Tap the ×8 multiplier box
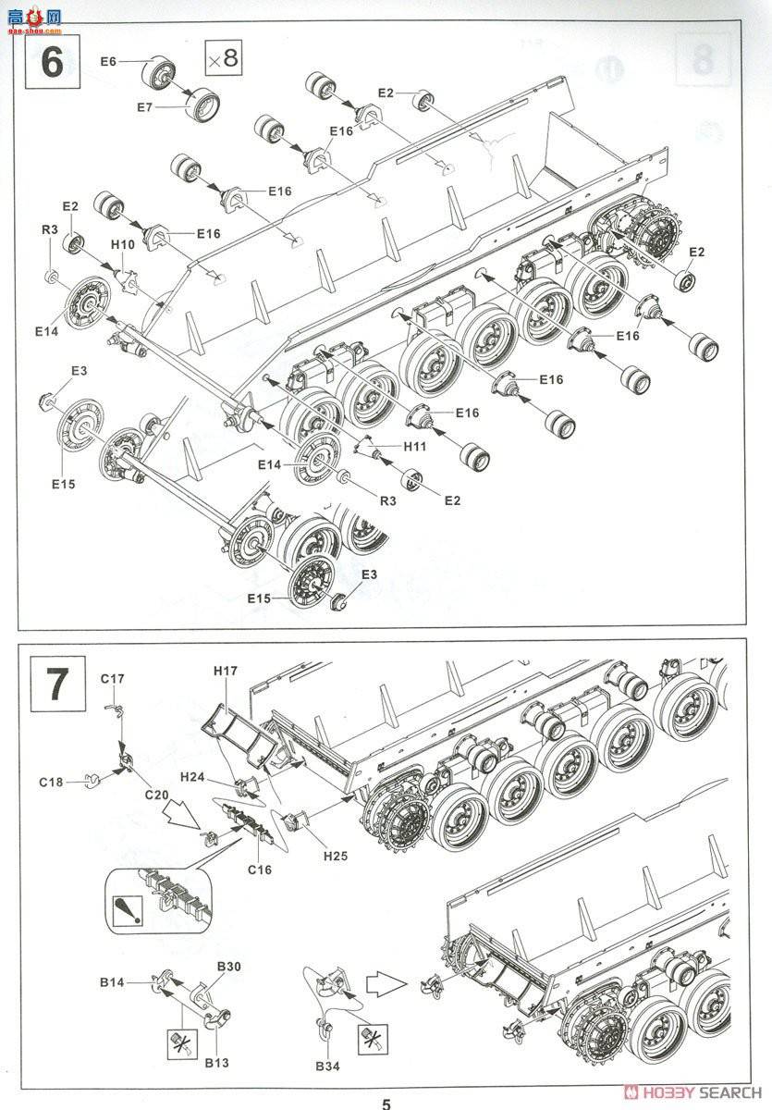point(222,58)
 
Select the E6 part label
point(108,61)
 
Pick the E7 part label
point(144,107)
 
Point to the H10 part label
point(123,244)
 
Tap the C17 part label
point(112,678)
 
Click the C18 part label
point(51,783)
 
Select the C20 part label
point(156,795)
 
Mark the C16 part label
point(260,869)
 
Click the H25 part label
point(336,857)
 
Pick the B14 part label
point(113,981)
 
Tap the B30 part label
point(229,967)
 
